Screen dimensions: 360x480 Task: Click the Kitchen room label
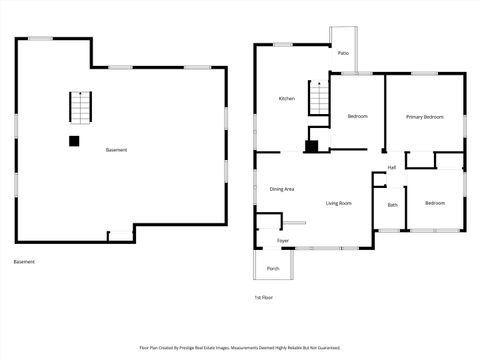coord(286,98)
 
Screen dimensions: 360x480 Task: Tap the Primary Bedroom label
coord(424,117)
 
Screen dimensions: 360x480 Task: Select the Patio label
coord(343,52)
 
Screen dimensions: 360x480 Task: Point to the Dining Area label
coord(281,189)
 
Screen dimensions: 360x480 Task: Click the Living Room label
coord(338,203)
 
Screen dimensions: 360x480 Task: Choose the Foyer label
coord(283,241)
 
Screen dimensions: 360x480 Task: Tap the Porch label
coord(273,269)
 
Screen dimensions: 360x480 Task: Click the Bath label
coord(393,205)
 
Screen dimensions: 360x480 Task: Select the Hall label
coord(392,167)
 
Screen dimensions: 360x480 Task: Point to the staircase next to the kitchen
coord(318,98)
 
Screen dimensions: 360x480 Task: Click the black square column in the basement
coord(74,141)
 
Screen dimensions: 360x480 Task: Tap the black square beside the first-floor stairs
coord(311,146)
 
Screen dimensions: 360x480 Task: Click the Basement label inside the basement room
coord(116,150)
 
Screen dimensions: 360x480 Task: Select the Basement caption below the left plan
coord(24,262)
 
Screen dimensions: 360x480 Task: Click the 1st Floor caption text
coord(263,297)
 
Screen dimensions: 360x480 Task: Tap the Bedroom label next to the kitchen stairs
coord(358,117)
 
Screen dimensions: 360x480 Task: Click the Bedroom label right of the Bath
coord(434,203)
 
